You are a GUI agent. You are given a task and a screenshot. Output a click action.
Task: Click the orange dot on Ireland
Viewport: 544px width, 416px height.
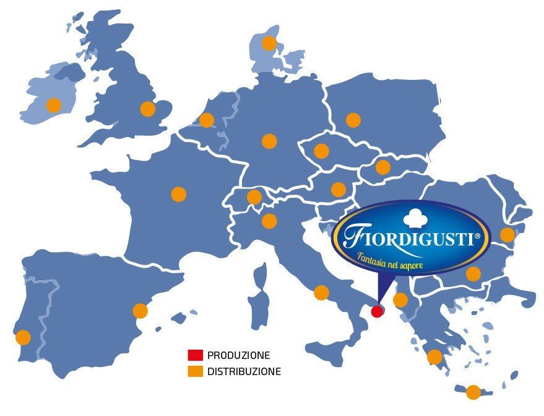tap(54, 105)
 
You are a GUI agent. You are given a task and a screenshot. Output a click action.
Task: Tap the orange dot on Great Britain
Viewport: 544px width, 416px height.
tap(147, 109)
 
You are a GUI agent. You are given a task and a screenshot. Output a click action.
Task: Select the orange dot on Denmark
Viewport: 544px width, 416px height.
tap(269, 43)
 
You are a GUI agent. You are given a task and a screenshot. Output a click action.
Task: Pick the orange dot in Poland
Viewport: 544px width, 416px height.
tap(353, 120)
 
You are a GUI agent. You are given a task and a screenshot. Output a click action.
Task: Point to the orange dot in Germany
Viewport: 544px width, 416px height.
tap(269, 141)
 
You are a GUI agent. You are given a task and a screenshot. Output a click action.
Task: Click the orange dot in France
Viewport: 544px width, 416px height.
tap(178, 194)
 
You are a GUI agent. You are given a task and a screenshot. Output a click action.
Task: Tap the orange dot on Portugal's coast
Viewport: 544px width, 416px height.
tap(23, 337)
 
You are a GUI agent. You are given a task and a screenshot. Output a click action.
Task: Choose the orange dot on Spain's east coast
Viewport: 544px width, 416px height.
tap(140, 311)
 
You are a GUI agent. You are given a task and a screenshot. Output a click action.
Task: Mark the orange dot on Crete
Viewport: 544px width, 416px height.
tap(473, 392)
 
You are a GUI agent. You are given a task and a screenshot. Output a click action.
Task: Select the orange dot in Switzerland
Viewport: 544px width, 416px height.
tap(254, 197)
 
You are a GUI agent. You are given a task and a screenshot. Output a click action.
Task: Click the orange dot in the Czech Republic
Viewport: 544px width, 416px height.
tap(321, 151)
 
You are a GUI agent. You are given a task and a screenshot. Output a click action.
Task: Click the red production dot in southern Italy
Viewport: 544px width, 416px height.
tap(377, 311)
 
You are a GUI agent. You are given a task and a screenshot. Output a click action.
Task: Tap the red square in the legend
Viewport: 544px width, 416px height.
tap(196, 356)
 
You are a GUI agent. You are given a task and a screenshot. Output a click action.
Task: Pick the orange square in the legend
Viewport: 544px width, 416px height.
tap(196, 372)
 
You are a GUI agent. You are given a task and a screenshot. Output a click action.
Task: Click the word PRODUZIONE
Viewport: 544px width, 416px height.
tap(239, 356)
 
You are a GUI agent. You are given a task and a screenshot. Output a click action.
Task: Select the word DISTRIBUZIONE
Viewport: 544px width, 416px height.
tap(244, 372)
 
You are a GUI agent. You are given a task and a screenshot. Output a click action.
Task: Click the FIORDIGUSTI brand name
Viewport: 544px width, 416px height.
tap(412, 238)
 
